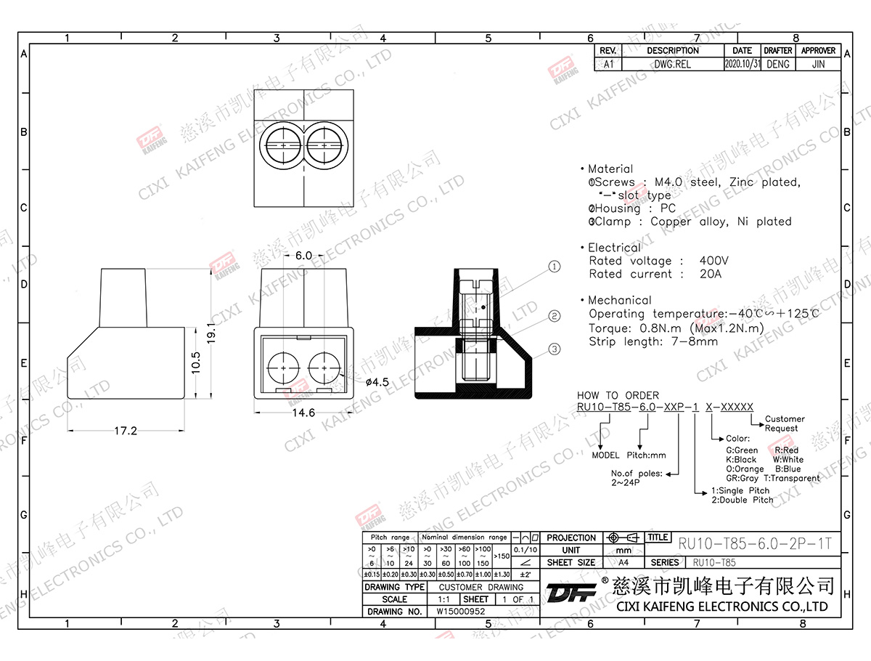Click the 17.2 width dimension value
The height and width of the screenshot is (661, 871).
pyautogui.click(x=125, y=431)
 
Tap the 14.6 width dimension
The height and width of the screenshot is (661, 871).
pyautogui.click(x=303, y=413)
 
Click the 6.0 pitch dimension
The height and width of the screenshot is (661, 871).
pyautogui.click(x=303, y=256)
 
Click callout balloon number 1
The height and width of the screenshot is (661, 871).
pyautogui.click(x=555, y=267)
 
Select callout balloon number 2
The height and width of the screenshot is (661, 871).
pyautogui.click(x=555, y=316)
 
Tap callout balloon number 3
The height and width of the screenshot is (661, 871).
pyautogui.click(x=555, y=349)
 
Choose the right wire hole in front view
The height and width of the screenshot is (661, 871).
pyautogui.click(x=324, y=368)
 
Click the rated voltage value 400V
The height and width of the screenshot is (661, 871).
pyautogui.click(x=714, y=261)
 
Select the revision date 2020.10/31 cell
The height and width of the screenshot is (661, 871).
pyautogui.click(x=742, y=64)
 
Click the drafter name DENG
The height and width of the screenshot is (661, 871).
pyautogui.click(x=777, y=64)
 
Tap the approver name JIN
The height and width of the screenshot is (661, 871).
pyautogui.click(x=818, y=64)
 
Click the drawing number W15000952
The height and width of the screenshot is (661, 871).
pyautogui.click(x=460, y=612)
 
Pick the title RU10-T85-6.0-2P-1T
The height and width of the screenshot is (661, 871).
pyautogui.click(x=754, y=544)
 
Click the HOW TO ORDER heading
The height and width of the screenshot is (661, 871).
pyautogui.click(x=608, y=396)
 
